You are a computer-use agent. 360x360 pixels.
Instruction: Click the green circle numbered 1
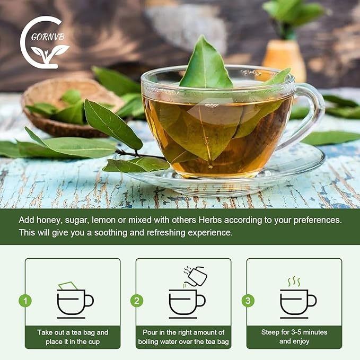25,301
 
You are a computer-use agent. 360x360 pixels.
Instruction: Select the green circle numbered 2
136,301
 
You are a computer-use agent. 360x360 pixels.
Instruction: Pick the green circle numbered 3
248,301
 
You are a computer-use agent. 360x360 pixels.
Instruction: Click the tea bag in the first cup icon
68,286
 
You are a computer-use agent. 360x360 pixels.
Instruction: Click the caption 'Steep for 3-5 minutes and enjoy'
294,337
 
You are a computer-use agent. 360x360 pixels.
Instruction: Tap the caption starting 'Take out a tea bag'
73,337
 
